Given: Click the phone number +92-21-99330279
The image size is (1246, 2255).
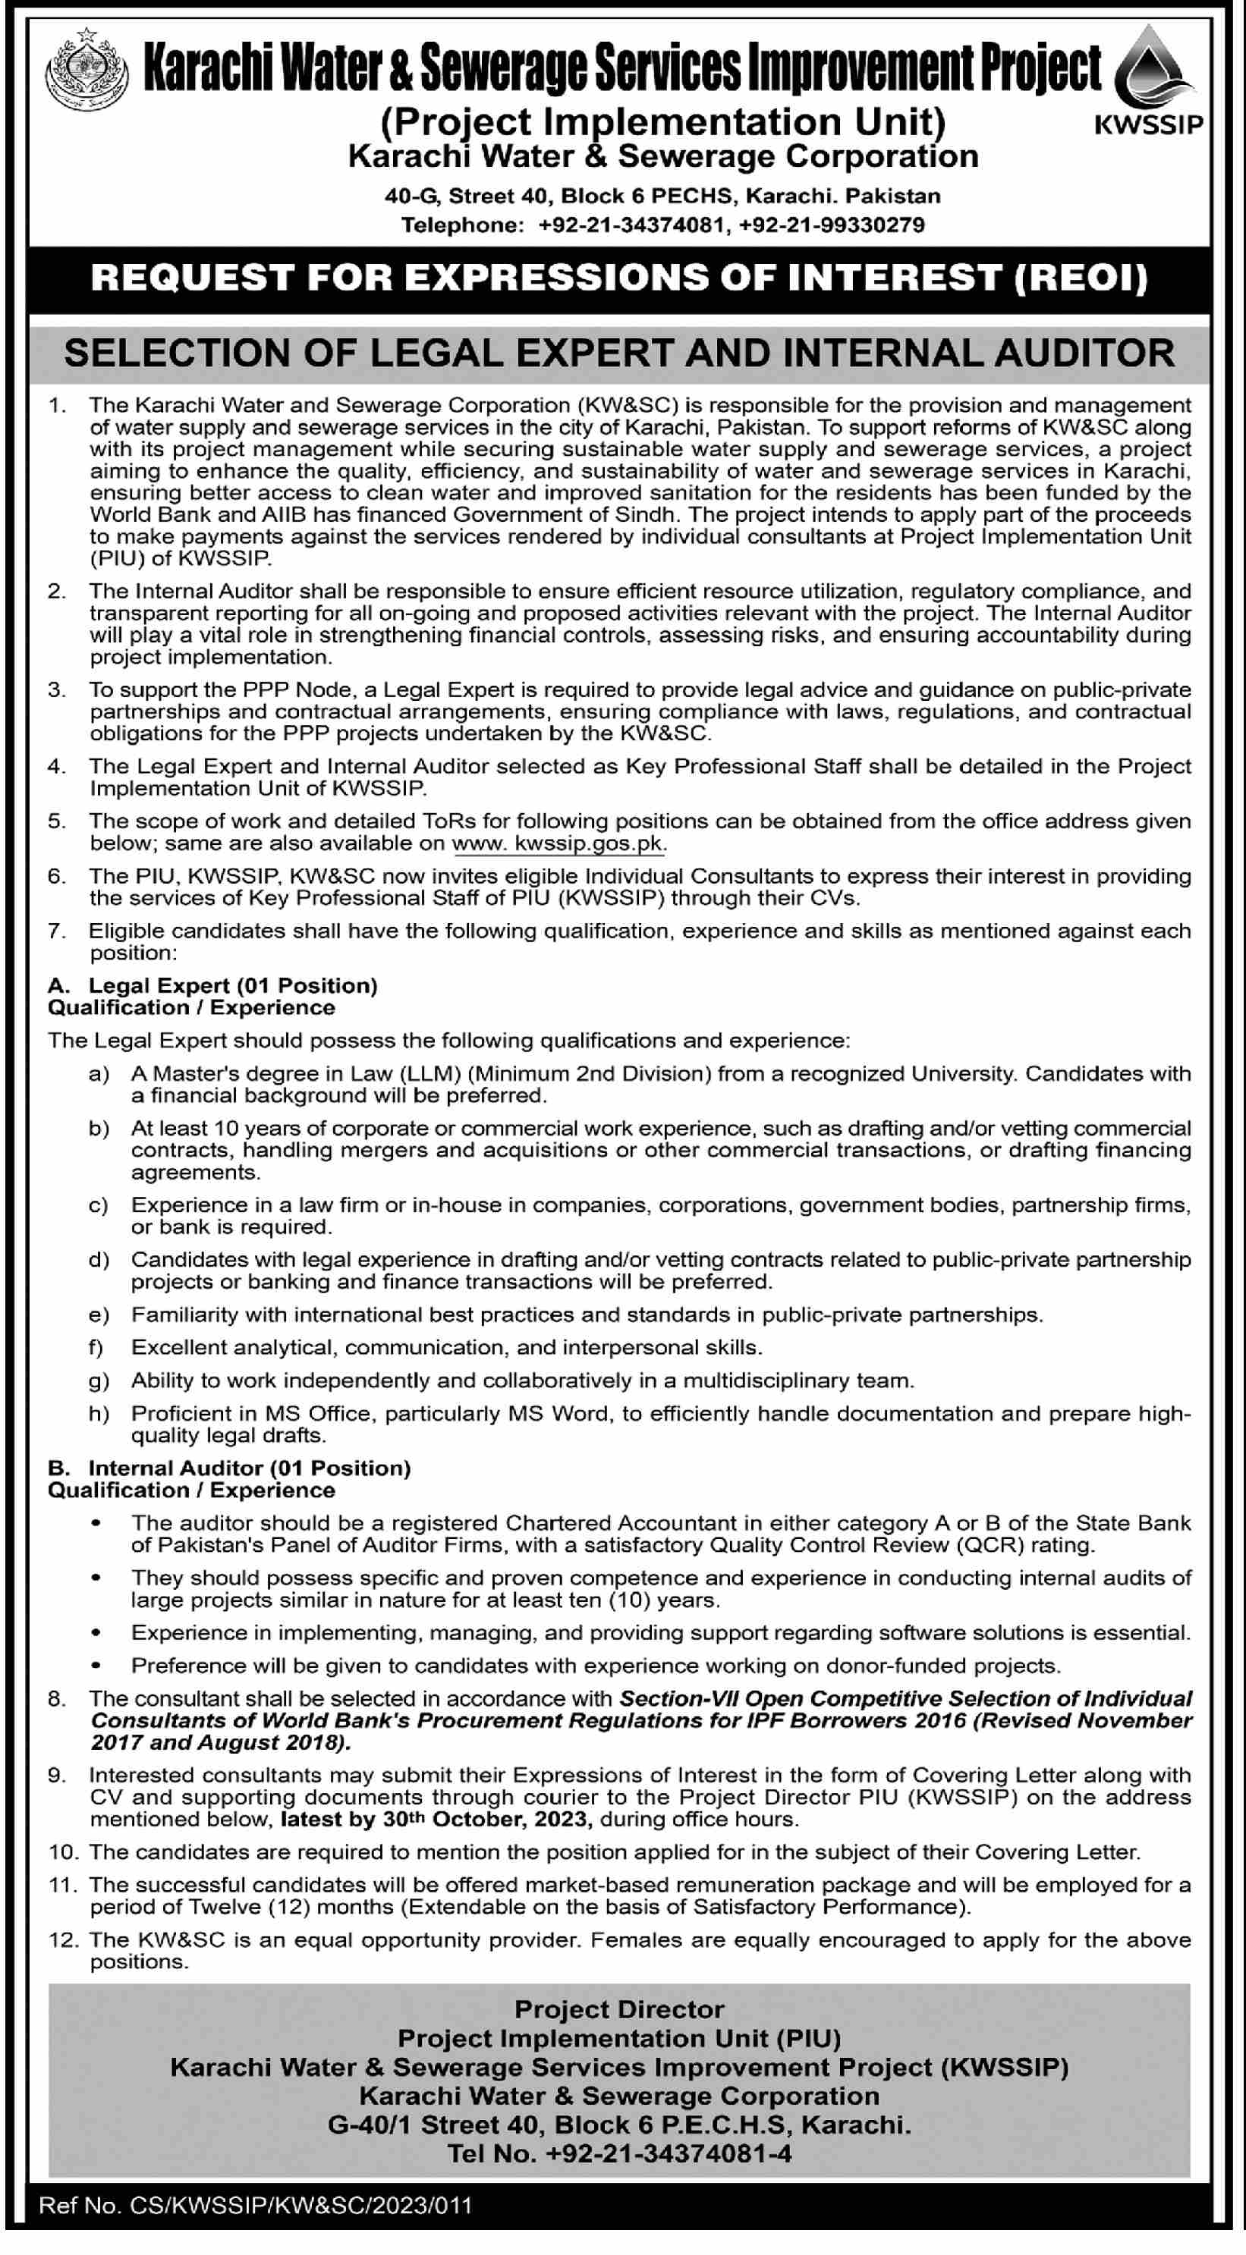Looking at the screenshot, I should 831,226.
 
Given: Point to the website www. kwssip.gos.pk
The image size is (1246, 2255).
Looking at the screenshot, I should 558,844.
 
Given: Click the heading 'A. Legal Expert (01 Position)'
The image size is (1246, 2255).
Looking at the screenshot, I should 212,986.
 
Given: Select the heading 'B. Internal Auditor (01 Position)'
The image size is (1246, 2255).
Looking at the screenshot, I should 229,1468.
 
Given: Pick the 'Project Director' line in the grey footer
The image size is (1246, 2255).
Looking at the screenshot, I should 619,2009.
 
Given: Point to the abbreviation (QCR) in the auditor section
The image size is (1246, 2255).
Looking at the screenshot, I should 990,1545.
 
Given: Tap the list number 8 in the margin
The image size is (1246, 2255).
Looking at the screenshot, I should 57,1699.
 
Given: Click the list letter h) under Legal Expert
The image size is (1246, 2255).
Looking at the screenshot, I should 99,1414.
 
